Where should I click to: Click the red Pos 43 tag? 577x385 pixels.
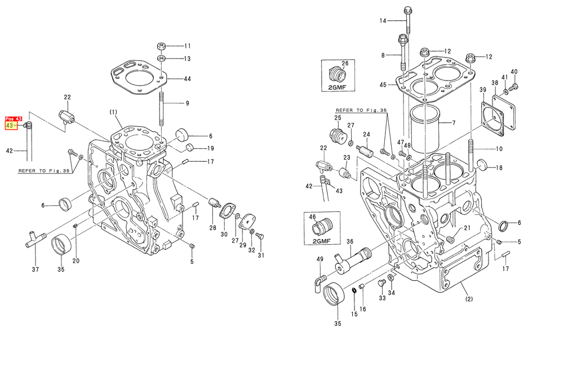pyautogui.click(x=14, y=119)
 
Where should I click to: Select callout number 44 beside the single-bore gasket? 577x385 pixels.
pyautogui.click(x=187, y=79)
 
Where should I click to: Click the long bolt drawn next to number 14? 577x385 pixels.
pyautogui.click(x=407, y=20)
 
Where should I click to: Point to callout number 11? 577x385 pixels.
pyautogui.click(x=188, y=46)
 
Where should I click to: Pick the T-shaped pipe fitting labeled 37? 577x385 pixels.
pyautogui.click(x=35, y=238)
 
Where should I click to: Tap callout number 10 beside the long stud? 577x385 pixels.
pyautogui.click(x=499, y=149)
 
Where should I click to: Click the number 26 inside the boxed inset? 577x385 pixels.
pyautogui.click(x=345, y=63)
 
